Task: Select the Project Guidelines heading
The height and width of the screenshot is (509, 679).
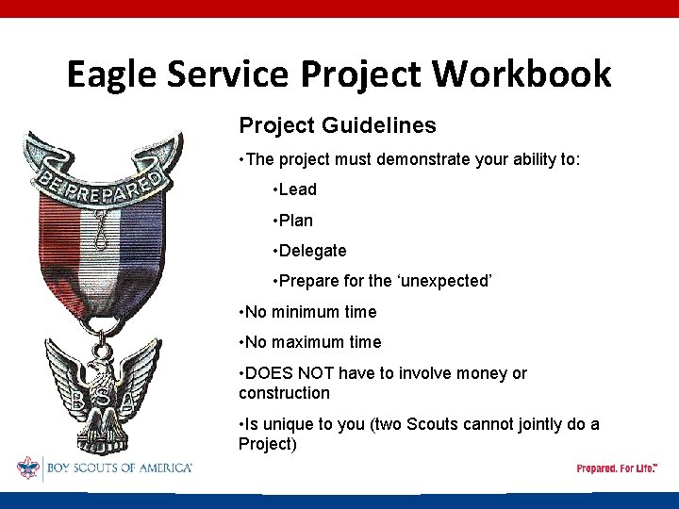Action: [337, 125]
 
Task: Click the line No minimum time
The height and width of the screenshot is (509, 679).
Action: [307, 312]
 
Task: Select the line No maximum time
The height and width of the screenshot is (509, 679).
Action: [310, 342]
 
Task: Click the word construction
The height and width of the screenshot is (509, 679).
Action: [284, 393]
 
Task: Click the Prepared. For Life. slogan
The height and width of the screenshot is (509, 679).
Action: [618, 468]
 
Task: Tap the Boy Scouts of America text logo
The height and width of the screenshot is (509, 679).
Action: [119, 468]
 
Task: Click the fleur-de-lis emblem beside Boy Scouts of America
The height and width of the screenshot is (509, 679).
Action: [28, 468]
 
